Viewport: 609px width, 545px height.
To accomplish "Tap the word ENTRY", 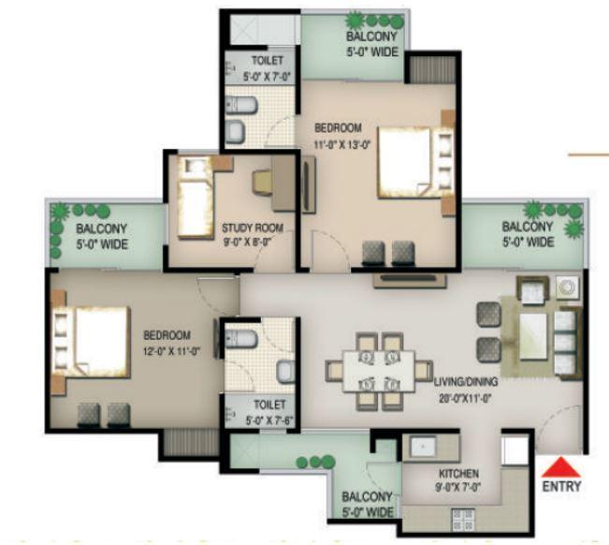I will [561, 486].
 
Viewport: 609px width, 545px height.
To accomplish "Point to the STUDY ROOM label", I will [252, 228].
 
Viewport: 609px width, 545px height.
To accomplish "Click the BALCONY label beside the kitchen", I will [365, 497].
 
